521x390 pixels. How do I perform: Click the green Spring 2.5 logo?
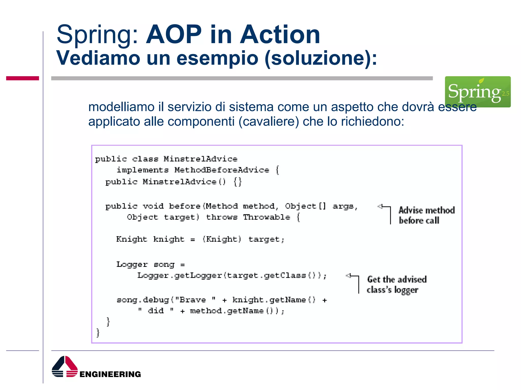click(x=477, y=91)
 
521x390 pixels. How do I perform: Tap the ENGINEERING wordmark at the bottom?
click(x=110, y=374)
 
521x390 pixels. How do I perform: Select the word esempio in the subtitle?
click(x=218, y=58)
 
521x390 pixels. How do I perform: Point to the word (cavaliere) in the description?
click(x=269, y=121)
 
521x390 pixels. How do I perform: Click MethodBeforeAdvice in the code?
click(x=222, y=170)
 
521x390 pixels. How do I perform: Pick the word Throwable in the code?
click(x=266, y=217)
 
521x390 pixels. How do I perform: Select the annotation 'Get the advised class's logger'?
click(x=396, y=285)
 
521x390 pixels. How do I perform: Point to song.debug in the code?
click(x=142, y=300)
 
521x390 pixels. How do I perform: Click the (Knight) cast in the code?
click(x=222, y=239)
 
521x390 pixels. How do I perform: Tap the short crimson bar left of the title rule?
click(x=22, y=78)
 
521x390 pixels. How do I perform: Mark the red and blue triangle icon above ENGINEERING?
click(x=65, y=366)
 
